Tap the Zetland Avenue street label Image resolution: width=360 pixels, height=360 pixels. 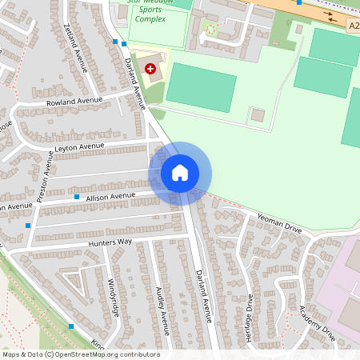(74, 46)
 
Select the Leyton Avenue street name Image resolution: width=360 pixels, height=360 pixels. (79, 147)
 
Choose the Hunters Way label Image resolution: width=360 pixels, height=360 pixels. (113, 242)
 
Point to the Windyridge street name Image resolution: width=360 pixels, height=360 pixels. (112, 297)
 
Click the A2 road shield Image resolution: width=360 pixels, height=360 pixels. (354, 26)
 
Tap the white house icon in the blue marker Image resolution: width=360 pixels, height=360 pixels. (180, 173)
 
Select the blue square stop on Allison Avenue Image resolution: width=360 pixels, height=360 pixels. (77, 197)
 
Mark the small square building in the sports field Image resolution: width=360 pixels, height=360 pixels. (258, 115)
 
